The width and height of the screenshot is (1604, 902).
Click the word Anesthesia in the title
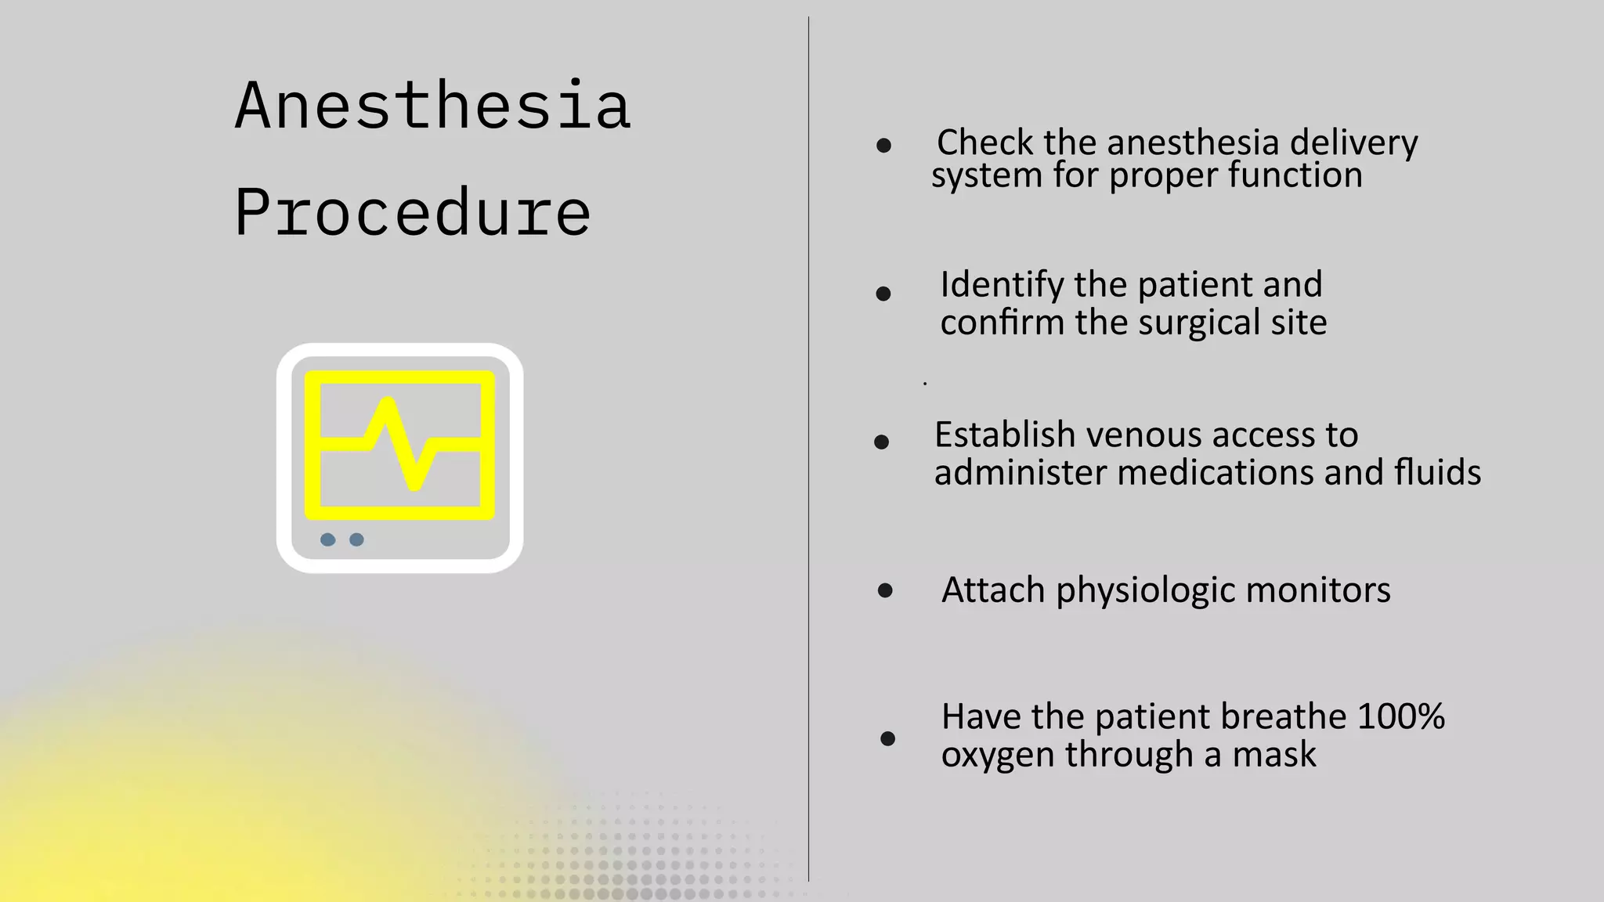point(432,106)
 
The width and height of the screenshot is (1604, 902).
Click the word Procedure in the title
point(413,213)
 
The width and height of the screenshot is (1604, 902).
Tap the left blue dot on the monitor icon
point(328,539)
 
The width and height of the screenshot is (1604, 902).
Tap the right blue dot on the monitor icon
point(356,539)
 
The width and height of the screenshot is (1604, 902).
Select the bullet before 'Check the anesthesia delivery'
point(883,146)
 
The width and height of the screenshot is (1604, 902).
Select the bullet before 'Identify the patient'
point(883,294)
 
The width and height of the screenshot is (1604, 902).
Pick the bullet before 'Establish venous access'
point(881,442)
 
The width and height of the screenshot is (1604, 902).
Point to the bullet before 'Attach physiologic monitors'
point(885,590)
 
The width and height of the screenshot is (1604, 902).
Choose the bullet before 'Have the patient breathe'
point(887,738)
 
